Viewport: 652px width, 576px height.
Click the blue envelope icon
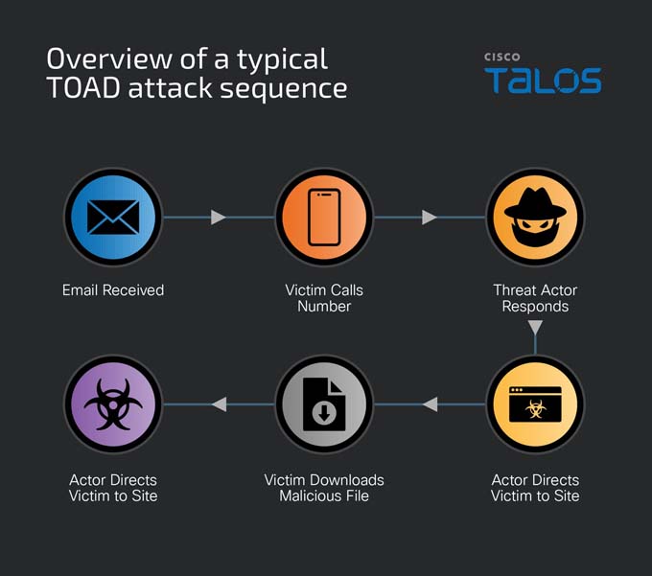(x=113, y=217)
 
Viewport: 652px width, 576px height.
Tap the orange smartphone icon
(x=324, y=217)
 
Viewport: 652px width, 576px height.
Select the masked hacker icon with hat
(x=535, y=217)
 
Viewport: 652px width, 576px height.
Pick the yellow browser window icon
(x=535, y=403)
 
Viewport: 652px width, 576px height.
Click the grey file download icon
(x=324, y=403)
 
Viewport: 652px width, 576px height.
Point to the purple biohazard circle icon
(x=113, y=403)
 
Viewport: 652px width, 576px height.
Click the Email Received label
(x=113, y=290)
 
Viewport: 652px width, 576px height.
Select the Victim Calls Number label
(x=324, y=298)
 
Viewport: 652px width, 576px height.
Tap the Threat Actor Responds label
(x=535, y=298)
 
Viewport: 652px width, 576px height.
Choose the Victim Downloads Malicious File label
(x=324, y=488)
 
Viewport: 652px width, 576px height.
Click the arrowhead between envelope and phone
(x=218, y=217)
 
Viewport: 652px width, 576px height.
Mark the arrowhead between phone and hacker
(x=430, y=217)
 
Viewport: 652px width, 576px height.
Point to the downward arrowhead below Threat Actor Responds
(x=535, y=327)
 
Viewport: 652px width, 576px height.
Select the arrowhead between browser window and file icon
(x=430, y=403)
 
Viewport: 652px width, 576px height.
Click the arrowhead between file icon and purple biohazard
(x=220, y=403)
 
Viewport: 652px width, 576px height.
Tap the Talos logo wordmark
(x=543, y=81)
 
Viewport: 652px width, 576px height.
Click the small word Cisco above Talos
(x=501, y=57)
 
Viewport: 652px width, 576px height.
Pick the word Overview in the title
(x=109, y=58)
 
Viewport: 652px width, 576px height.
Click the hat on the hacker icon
(x=535, y=203)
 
